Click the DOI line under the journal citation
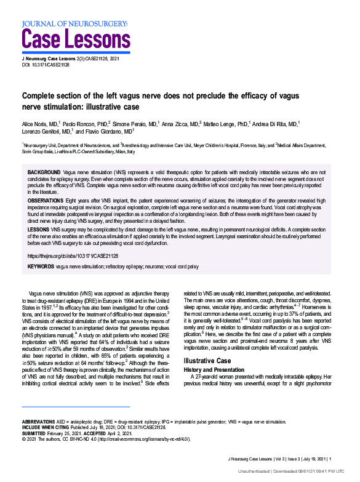[46, 65]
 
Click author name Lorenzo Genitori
[45, 132]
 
